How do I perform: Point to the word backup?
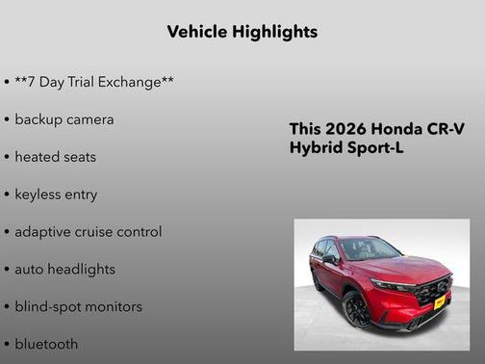(x=39, y=119)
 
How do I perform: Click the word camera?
(x=91, y=119)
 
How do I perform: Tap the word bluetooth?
(x=46, y=344)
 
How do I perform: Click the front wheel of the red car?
(x=356, y=309)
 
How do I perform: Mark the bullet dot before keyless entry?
(x=7, y=195)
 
